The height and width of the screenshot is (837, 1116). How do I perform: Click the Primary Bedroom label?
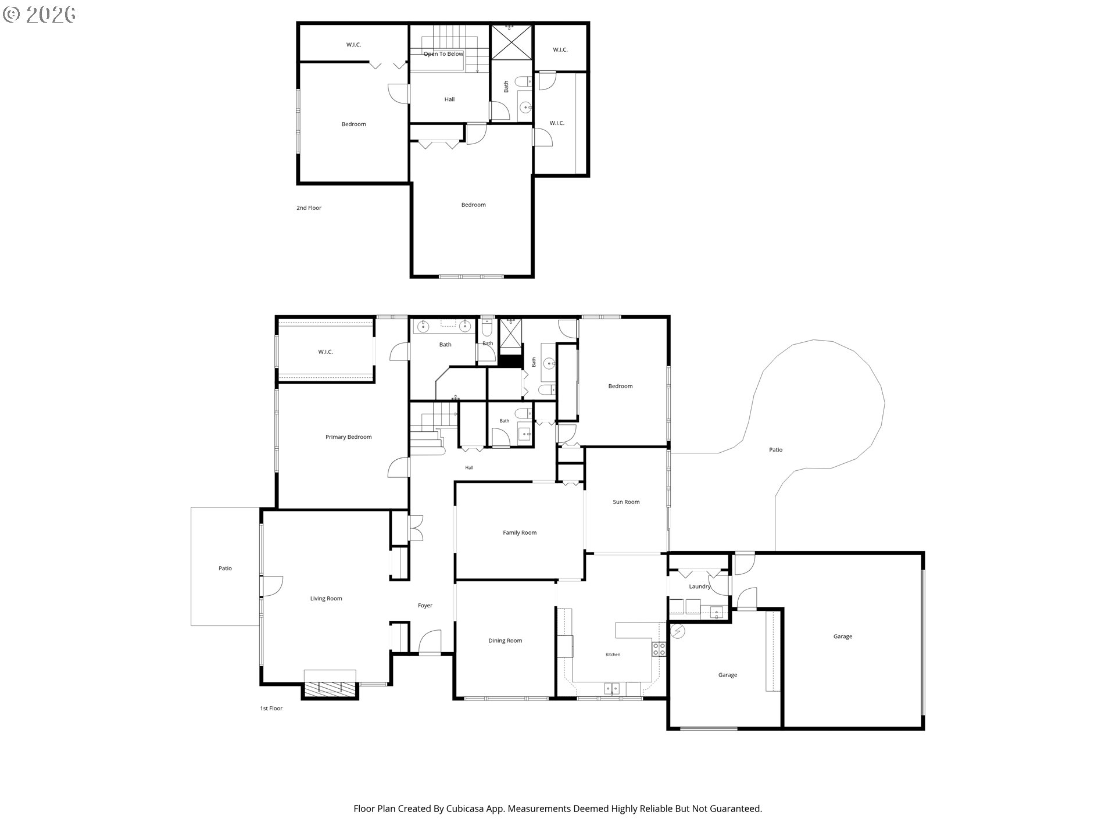pyautogui.click(x=348, y=437)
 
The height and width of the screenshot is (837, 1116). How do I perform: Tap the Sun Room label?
pyautogui.click(x=626, y=502)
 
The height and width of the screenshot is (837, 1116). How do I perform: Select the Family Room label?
pyautogui.click(x=520, y=533)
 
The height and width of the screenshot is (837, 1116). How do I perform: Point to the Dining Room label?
pyautogui.click(x=505, y=641)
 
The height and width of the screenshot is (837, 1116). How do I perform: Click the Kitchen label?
pyautogui.click(x=613, y=655)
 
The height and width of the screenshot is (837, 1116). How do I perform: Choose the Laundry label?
pyautogui.click(x=700, y=587)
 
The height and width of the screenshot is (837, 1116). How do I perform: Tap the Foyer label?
pyautogui.click(x=425, y=606)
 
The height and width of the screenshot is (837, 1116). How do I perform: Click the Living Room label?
pyautogui.click(x=326, y=599)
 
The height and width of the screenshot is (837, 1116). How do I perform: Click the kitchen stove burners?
pyautogui.click(x=659, y=649)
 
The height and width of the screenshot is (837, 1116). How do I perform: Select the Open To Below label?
pyautogui.click(x=443, y=54)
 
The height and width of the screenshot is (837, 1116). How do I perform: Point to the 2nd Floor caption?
pyautogui.click(x=309, y=208)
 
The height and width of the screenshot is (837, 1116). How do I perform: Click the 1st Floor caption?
pyautogui.click(x=271, y=709)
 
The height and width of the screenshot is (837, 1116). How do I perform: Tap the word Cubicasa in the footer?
pyautogui.click(x=466, y=809)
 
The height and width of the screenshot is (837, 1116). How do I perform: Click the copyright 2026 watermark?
pyautogui.click(x=40, y=15)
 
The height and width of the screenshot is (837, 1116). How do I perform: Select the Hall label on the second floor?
pyautogui.click(x=449, y=99)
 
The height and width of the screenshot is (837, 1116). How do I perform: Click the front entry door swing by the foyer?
pyautogui.click(x=430, y=643)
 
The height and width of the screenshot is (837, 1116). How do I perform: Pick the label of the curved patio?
pyautogui.click(x=776, y=450)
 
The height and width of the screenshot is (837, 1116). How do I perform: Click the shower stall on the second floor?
pyautogui.click(x=511, y=42)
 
